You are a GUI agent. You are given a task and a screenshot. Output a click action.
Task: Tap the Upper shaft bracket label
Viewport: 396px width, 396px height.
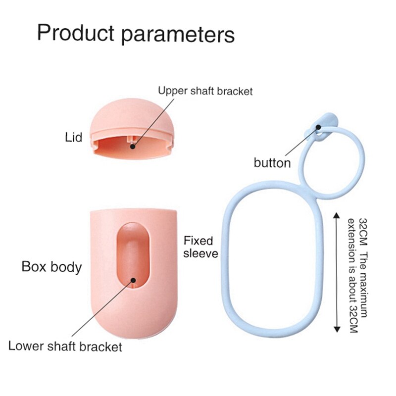(x=205, y=91)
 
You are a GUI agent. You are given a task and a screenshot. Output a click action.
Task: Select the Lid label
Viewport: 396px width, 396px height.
(x=73, y=137)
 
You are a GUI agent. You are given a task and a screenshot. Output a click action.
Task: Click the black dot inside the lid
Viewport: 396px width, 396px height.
(x=133, y=145)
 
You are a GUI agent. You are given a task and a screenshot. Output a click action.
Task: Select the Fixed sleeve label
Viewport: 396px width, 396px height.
(x=198, y=247)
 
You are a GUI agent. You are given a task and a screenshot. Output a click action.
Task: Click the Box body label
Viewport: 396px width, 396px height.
(x=51, y=267)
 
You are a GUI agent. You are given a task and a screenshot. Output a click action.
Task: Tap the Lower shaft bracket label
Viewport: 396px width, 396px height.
(x=65, y=346)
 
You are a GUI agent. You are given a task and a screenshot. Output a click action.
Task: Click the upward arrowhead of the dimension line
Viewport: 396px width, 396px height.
(x=337, y=216)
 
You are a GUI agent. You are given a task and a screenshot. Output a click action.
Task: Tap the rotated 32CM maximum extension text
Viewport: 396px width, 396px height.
(x=358, y=275)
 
